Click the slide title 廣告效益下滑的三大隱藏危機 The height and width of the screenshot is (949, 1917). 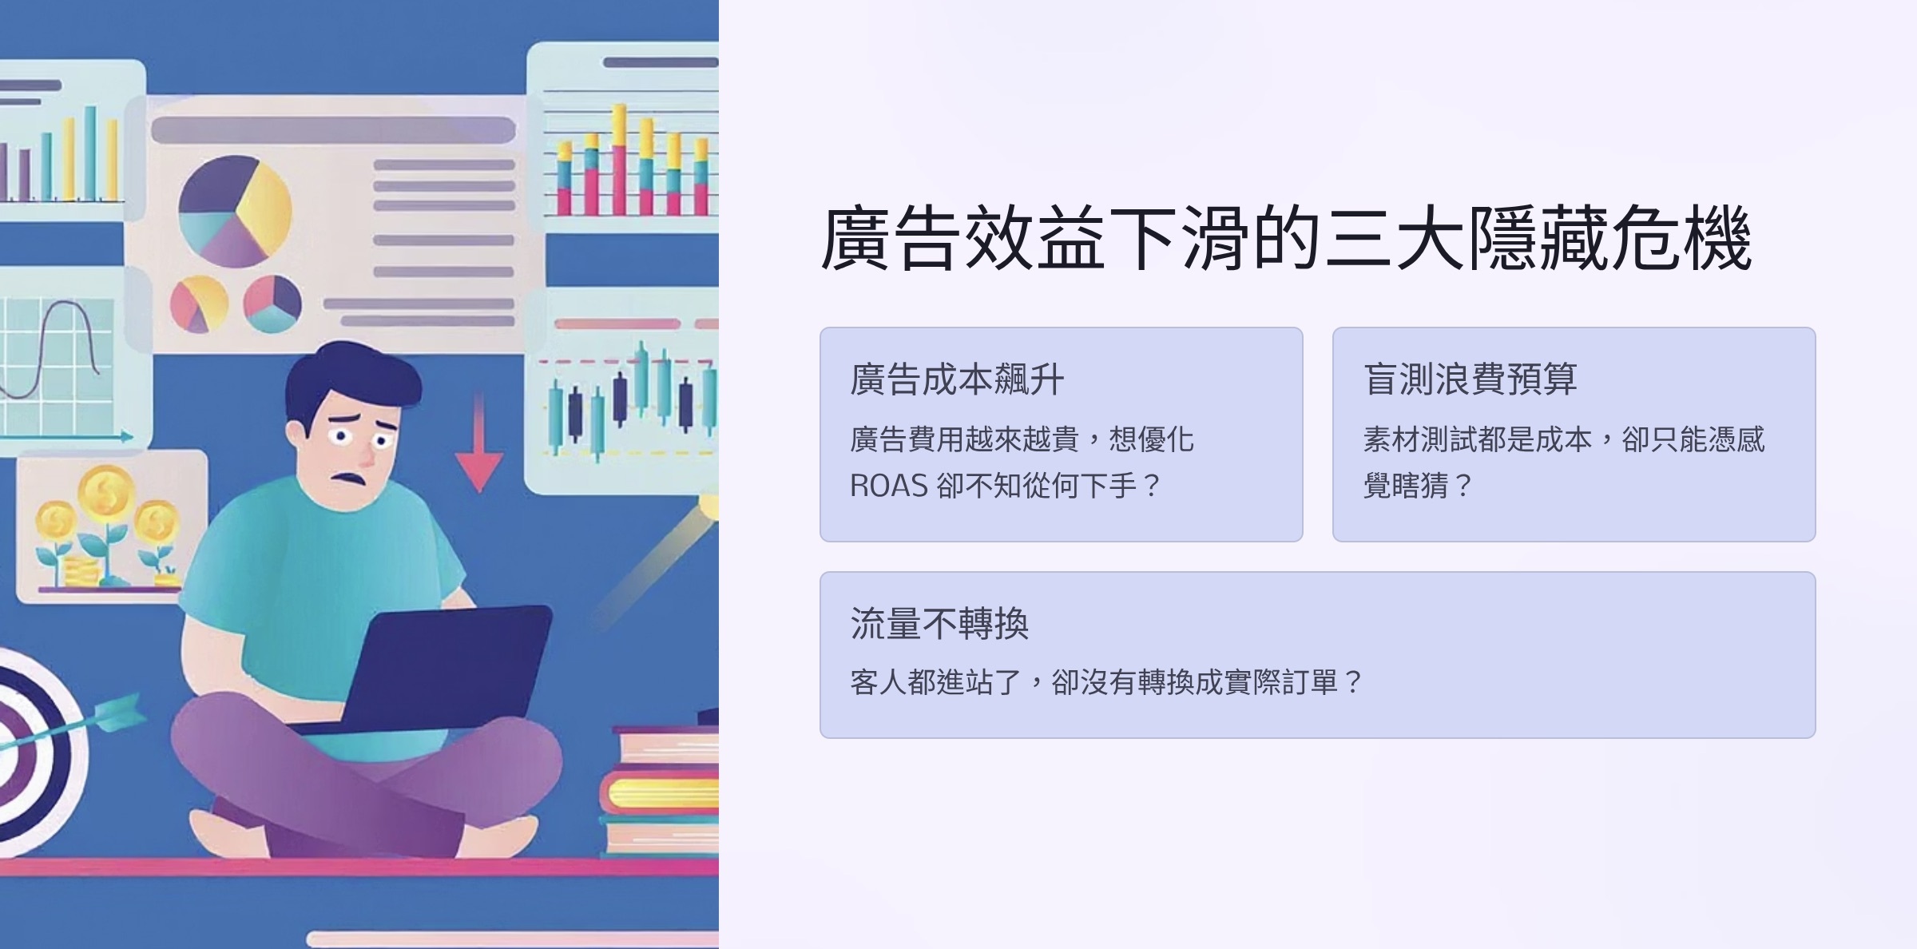pyautogui.click(x=1286, y=238)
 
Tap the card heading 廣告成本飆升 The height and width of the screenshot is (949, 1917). pyautogui.click(x=957, y=379)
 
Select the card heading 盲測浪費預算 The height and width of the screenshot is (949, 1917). pyautogui.click(x=1470, y=379)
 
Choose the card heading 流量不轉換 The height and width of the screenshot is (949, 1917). pyautogui.click(x=939, y=624)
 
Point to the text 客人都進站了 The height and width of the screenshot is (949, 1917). pyautogui.click(x=936, y=682)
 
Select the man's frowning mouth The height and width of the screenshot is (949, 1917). pyautogui.click(x=350, y=478)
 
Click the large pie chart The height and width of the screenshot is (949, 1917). pyautogui.click(x=235, y=211)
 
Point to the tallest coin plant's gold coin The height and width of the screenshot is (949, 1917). pyautogui.click(x=105, y=491)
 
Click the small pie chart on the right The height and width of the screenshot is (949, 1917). pyautogui.click(x=272, y=304)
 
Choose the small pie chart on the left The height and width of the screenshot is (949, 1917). pyautogui.click(x=199, y=304)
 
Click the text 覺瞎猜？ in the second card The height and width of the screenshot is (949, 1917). pyautogui.click(x=1417, y=486)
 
